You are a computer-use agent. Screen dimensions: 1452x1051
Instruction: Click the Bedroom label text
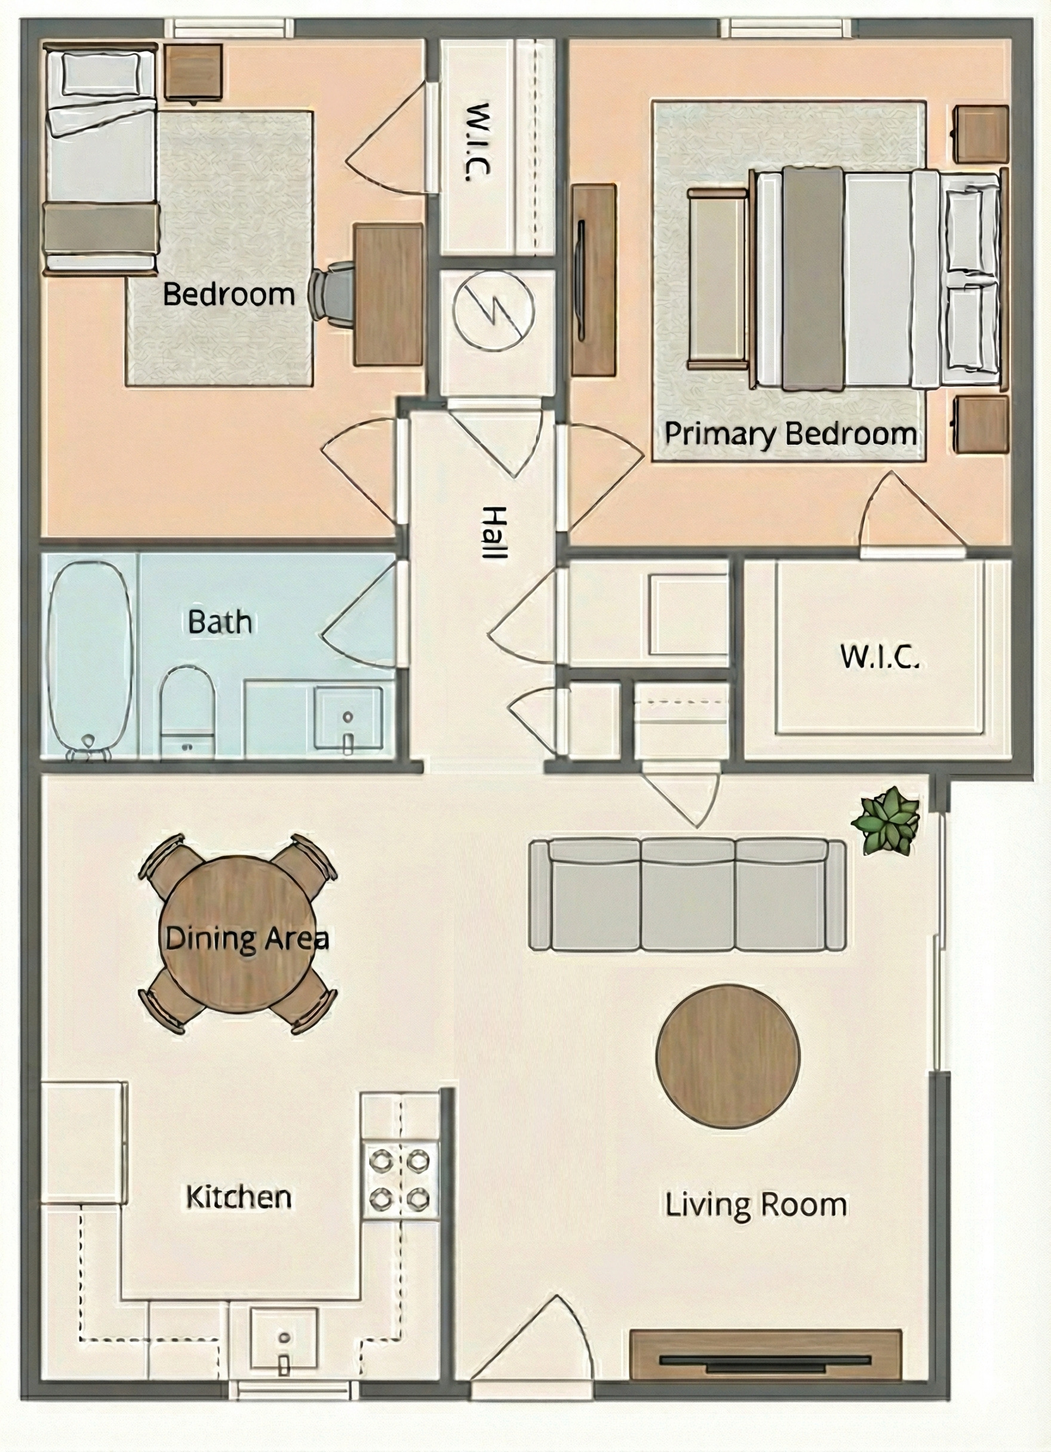[x=229, y=294]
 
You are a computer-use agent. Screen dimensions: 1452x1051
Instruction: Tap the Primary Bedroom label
[x=789, y=434]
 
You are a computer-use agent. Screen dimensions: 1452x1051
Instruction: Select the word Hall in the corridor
[x=494, y=533]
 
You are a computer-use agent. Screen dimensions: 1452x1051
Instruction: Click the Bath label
[x=220, y=622]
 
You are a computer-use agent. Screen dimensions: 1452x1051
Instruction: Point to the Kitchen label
[x=238, y=1197]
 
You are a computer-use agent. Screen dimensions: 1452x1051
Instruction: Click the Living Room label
[x=756, y=1205]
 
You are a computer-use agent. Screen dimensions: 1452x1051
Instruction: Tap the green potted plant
[x=886, y=822]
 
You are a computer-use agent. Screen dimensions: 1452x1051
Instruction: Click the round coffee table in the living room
[x=727, y=1056]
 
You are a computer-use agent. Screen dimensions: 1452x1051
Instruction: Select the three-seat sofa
[x=687, y=895]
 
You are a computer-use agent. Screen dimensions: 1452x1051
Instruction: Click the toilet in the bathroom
[x=186, y=707]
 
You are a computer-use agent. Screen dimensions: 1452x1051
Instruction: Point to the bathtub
[x=90, y=656]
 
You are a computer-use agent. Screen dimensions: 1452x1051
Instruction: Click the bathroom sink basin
[x=348, y=718]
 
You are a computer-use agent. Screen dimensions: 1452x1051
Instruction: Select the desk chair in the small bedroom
[x=331, y=292]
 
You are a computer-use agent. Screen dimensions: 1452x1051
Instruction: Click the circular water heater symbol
[x=493, y=310]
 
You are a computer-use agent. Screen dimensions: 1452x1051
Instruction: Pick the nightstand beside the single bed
[x=193, y=71]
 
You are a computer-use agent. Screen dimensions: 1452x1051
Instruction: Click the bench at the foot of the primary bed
[x=718, y=279]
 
